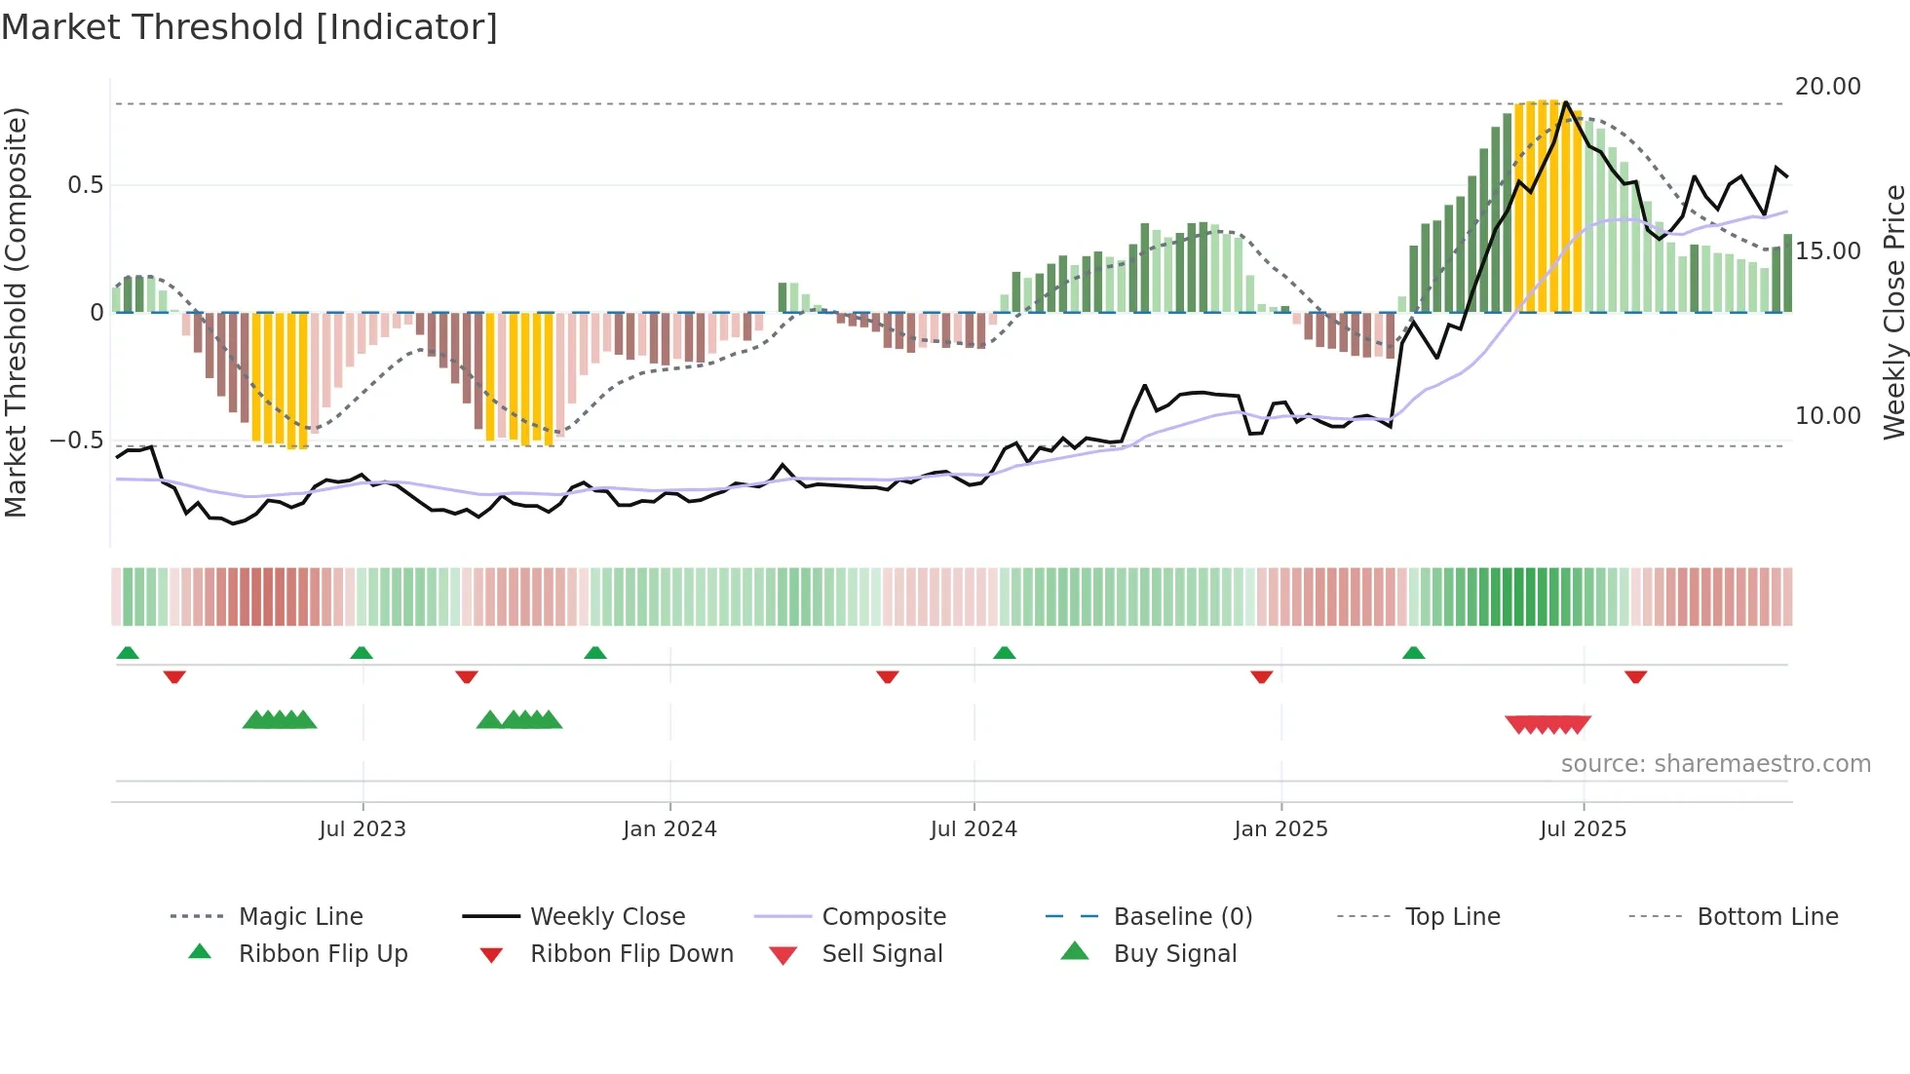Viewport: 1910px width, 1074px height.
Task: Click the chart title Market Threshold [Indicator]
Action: pyautogui.click(x=249, y=27)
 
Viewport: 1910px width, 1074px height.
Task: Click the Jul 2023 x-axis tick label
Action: pyautogui.click(x=363, y=829)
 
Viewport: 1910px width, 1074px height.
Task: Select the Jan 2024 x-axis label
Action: pyautogui.click(x=669, y=829)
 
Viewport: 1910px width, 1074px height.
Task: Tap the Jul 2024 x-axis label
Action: pyautogui.click(x=974, y=829)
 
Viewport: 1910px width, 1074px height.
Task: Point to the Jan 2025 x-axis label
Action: pyautogui.click(x=1280, y=829)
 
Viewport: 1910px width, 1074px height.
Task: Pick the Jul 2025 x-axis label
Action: pyautogui.click(x=1584, y=829)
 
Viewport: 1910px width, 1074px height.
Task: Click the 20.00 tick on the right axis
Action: pyautogui.click(x=1827, y=87)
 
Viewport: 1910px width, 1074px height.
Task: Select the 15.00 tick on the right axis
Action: pyautogui.click(x=1827, y=251)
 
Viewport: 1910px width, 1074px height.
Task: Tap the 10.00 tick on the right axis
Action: pyautogui.click(x=1827, y=416)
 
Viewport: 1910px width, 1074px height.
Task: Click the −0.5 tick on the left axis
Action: pyautogui.click(x=77, y=441)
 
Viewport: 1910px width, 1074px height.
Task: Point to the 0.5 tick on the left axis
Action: pyautogui.click(x=85, y=185)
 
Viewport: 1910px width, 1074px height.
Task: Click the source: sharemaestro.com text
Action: pyautogui.click(x=1715, y=764)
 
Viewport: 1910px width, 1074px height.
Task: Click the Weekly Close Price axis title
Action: pyautogui.click(x=1893, y=312)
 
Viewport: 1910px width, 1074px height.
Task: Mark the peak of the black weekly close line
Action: pyautogui.click(x=1566, y=102)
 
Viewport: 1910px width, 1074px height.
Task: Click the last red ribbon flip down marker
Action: pyautogui.click(x=1635, y=676)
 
